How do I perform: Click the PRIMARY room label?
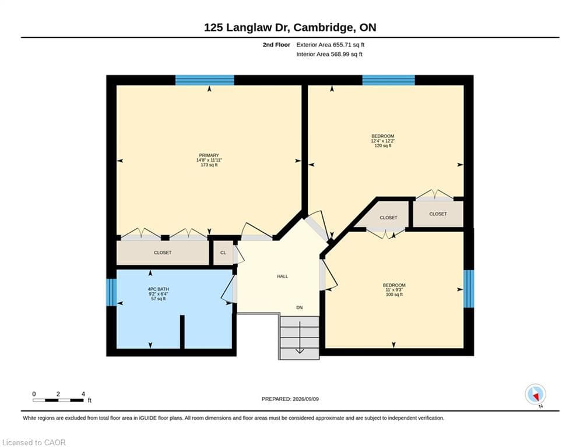[x=209, y=155]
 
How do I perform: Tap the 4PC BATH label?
[x=158, y=289]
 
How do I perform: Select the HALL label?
[x=283, y=276]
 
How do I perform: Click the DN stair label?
[x=300, y=307]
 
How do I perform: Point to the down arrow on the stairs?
[x=300, y=337]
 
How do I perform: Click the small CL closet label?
[x=223, y=253]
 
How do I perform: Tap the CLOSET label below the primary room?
[x=163, y=253]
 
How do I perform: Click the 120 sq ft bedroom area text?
[x=383, y=146]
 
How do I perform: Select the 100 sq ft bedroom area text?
[x=394, y=295]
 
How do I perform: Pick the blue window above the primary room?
[x=205, y=80]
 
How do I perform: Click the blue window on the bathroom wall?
[x=111, y=293]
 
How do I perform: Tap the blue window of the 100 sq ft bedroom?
[x=469, y=289]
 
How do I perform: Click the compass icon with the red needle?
[x=535, y=395]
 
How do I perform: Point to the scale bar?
[x=58, y=400]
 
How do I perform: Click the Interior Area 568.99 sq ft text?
[x=329, y=54]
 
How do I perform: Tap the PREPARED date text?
[x=290, y=399]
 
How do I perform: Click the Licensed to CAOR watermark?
[x=34, y=442]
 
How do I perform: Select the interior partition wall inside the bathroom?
[x=182, y=332]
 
